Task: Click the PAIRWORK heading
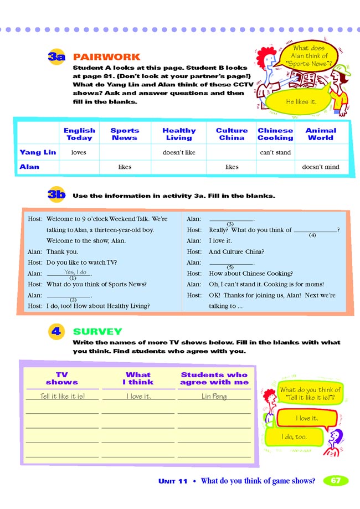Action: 106,57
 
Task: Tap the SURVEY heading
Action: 97,332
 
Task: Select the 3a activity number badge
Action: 56,57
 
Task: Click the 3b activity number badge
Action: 56,195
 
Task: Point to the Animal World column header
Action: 320,134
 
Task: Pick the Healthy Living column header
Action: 179,134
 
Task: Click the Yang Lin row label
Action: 38,152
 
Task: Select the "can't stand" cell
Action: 275,152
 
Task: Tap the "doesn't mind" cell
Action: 321,167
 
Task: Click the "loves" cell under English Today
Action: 79,152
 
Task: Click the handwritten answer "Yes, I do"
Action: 75,273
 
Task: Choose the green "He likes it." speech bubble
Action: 301,102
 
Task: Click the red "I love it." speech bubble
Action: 307,418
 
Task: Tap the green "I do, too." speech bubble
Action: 294,437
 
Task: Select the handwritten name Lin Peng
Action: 214,396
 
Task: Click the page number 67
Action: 336,481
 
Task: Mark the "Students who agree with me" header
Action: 214,379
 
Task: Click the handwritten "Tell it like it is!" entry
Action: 63,396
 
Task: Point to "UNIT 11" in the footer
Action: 173,481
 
